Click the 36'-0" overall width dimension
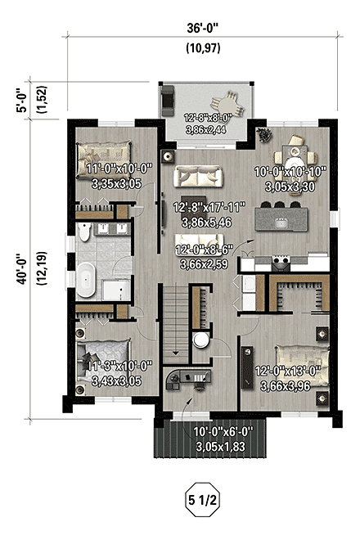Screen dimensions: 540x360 [x=202, y=25]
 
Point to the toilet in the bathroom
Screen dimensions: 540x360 [x=84, y=238]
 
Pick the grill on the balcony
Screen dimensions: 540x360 [x=169, y=99]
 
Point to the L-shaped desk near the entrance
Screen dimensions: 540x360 [x=185, y=377]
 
